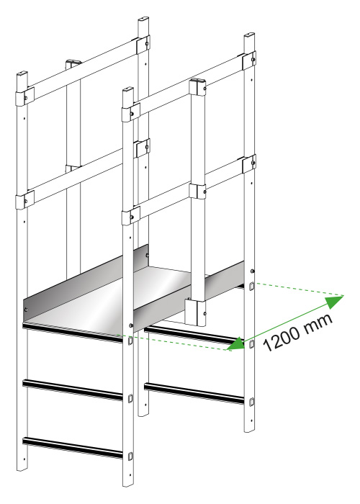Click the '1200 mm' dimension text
coord(298,333)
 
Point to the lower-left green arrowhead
coord(236,344)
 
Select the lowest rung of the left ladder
coord(73,447)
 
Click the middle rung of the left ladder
coord(73,390)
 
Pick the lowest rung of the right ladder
coord(194,392)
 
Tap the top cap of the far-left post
coord(22,73)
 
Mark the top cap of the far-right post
coord(249,35)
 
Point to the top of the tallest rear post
coord(144,20)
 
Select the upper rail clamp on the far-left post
coord(24,96)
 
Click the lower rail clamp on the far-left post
coord(24,200)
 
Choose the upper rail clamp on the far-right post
coord(249,60)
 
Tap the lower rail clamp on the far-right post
coord(249,164)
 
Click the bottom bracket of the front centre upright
coord(196,312)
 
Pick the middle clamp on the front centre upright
coord(198,191)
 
